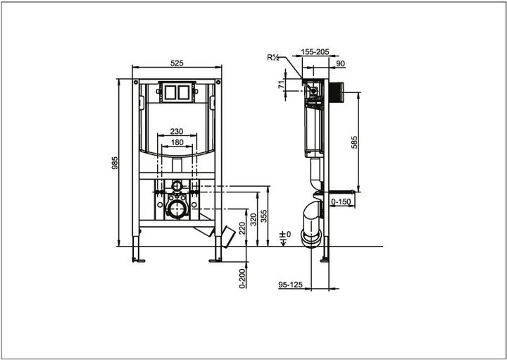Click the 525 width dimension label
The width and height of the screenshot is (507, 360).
coord(177,63)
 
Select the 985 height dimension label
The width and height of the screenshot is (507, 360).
coord(115,163)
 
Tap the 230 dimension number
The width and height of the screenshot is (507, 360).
coord(176,132)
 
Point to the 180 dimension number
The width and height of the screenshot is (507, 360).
coord(176,143)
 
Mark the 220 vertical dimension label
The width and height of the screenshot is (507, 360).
coord(242,227)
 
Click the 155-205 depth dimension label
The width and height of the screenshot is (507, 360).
coord(315,52)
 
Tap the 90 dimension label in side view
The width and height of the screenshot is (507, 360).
coord(342,64)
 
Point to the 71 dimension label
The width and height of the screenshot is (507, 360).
coord(281,85)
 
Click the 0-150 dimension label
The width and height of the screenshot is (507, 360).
coord(342,201)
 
